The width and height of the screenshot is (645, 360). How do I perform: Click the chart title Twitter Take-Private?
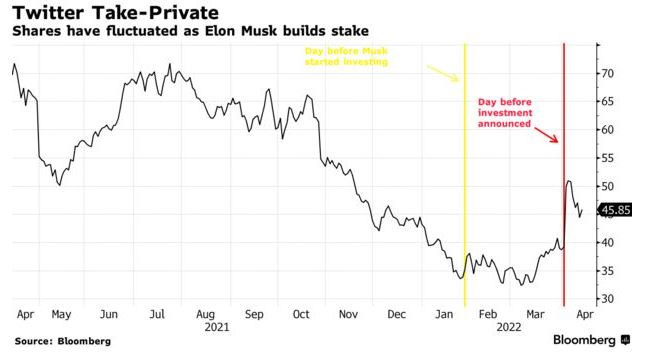tap(116, 12)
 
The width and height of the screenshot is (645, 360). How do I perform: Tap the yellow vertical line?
tap(465, 175)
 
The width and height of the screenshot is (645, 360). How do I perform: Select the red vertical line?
tap(564, 175)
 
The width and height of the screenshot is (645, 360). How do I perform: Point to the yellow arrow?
tap(443, 73)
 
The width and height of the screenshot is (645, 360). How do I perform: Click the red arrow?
tap(547, 135)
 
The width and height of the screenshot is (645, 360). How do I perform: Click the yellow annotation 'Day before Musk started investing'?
tap(346, 56)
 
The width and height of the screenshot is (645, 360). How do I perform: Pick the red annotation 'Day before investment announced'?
tap(505, 113)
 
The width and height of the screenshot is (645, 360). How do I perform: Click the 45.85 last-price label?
tap(615, 210)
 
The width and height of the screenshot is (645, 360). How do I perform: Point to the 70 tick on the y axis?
tap(608, 74)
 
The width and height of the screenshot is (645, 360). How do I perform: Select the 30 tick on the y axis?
tap(608, 299)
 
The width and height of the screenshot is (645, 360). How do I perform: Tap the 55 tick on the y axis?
tap(608, 158)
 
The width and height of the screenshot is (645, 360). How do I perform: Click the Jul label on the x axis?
tap(157, 314)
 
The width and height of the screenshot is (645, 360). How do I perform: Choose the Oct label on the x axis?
tap(301, 314)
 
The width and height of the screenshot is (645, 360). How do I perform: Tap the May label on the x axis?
tap(61, 315)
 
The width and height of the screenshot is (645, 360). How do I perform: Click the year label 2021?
tap(217, 327)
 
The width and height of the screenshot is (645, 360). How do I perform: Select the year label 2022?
tap(509, 327)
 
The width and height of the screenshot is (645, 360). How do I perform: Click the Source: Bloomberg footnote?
tap(63, 341)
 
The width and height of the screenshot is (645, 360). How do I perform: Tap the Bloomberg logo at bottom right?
tap(592, 340)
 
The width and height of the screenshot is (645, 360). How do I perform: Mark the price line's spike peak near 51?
tap(569, 181)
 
